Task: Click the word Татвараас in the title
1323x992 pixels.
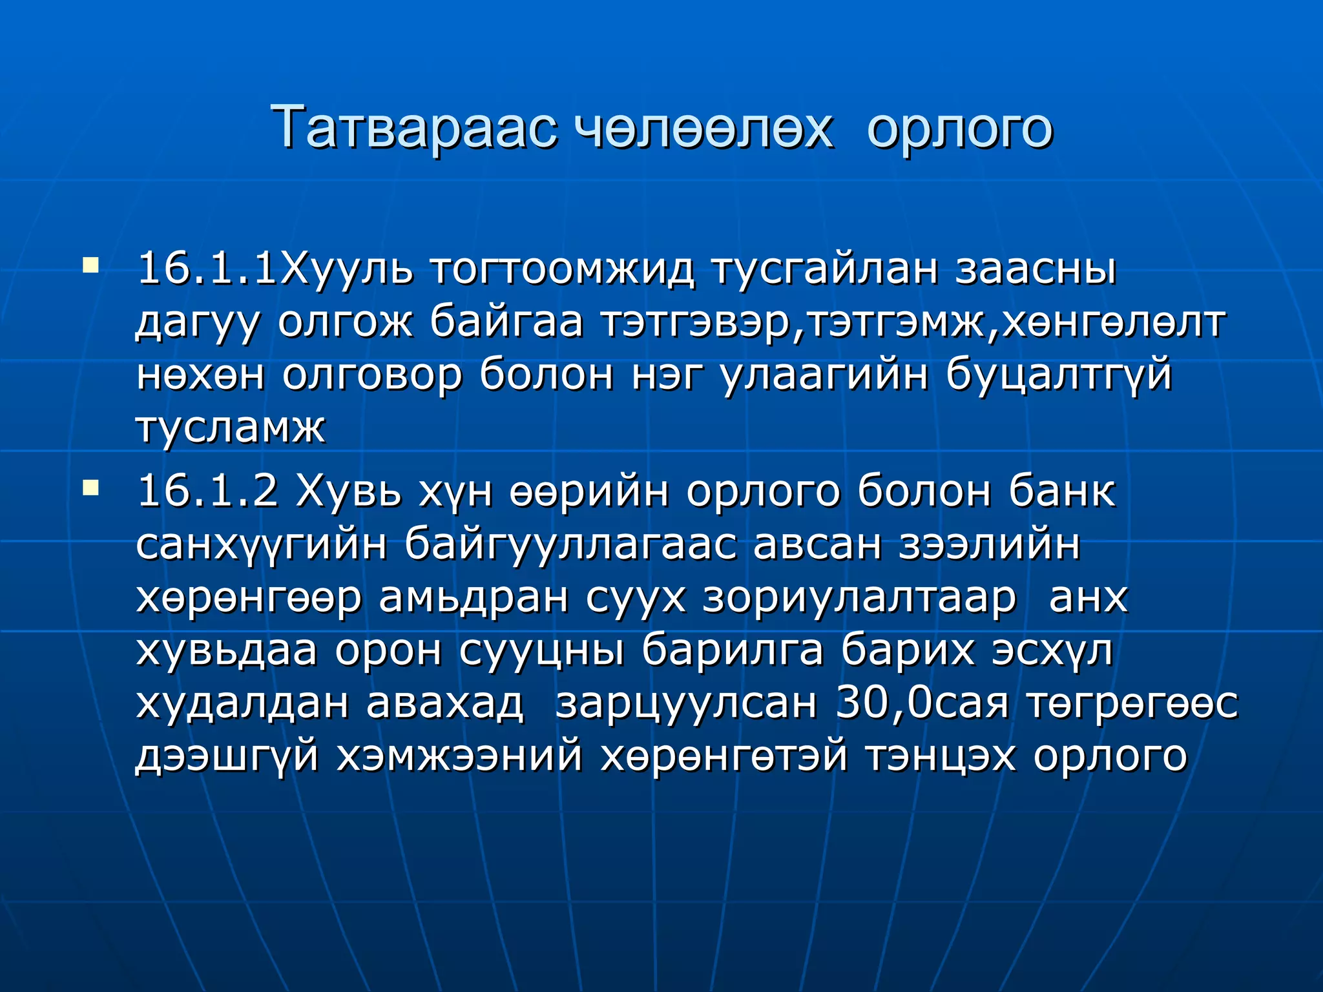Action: point(414,127)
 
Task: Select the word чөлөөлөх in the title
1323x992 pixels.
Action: point(703,127)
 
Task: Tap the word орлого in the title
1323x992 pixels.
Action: point(959,127)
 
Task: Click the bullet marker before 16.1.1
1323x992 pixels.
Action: point(91,265)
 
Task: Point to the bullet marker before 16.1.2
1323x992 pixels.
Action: point(91,488)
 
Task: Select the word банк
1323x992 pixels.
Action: point(1062,491)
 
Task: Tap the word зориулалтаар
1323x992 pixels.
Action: point(860,597)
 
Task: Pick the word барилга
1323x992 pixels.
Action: point(733,650)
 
